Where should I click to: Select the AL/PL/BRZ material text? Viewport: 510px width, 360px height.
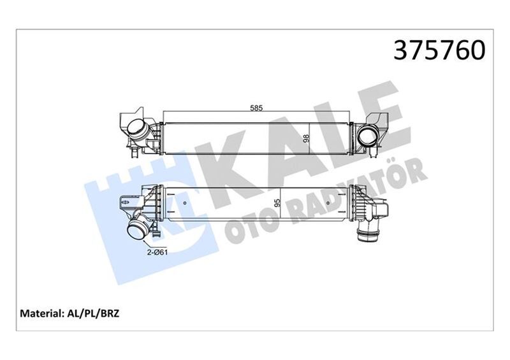pyautogui.click(x=99, y=314)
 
